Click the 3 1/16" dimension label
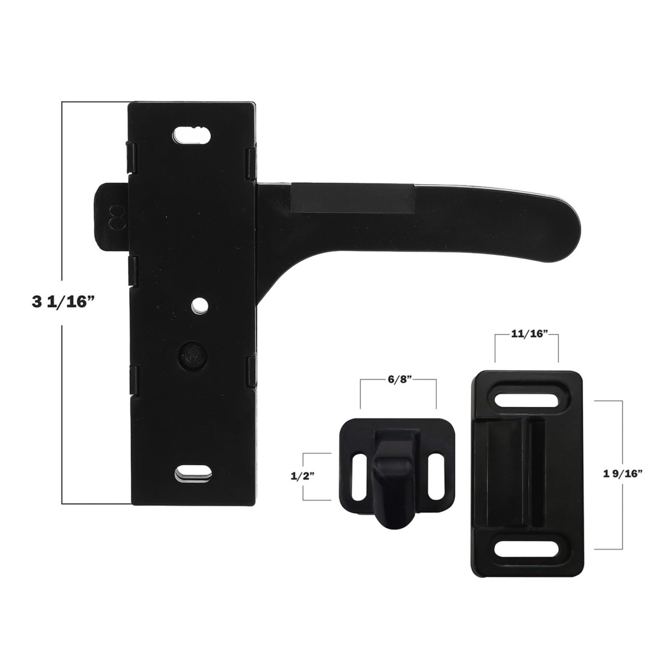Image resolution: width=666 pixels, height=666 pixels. [x=63, y=302]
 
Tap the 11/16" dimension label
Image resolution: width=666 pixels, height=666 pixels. [x=526, y=334]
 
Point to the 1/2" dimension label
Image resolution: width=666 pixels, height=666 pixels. [x=302, y=477]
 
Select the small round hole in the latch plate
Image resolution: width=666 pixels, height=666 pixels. [x=200, y=305]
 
